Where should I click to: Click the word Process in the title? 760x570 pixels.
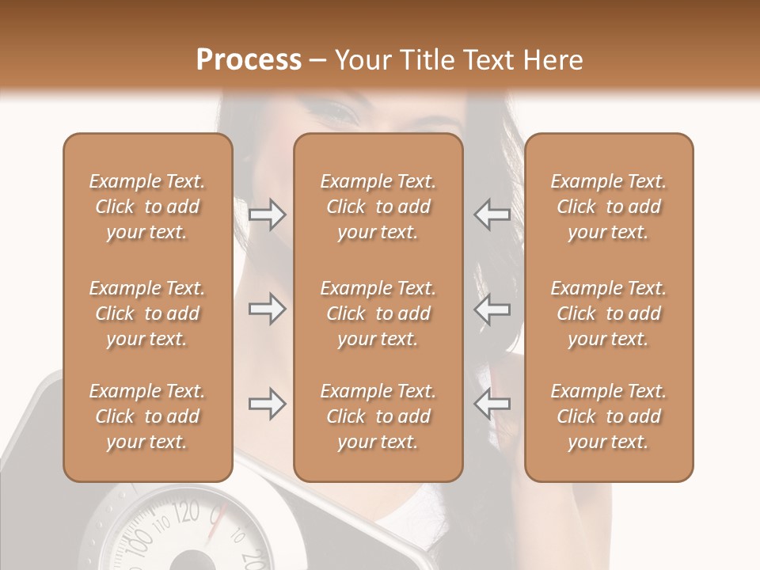point(249,60)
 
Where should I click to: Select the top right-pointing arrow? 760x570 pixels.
point(268,215)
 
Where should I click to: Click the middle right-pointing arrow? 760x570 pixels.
point(268,309)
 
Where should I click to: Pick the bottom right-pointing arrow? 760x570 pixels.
point(268,404)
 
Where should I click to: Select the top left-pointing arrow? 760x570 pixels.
point(492,215)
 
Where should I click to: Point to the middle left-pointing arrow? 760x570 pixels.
point(492,309)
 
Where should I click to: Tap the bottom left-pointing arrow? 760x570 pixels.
point(492,404)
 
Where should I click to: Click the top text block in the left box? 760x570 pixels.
point(147,207)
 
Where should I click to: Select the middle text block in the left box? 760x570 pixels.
point(147,313)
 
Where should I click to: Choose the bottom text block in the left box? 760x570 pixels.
point(147,416)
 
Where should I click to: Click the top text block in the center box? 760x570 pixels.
point(378,207)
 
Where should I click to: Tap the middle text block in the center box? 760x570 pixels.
point(378,313)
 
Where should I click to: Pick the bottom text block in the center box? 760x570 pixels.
point(378,416)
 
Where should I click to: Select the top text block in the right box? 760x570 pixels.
point(609,207)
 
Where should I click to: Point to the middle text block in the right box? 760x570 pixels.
point(609,313)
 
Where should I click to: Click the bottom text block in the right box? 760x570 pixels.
point(609,416)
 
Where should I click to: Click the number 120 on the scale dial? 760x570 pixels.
point(186,512)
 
